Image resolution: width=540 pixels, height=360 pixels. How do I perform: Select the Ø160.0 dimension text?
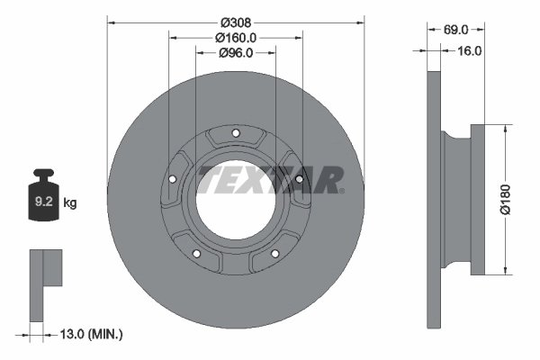[x=236, y=37]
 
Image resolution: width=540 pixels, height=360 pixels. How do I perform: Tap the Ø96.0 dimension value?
[x=236, y=53]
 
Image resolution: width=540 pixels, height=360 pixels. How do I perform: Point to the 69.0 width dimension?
[x=455, y=29]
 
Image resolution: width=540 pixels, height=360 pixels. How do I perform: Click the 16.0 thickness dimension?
[x=470, y=50]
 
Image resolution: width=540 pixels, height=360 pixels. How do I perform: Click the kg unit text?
[x=71, y=203]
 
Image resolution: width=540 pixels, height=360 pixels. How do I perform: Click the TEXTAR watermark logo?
[x=270, y=179]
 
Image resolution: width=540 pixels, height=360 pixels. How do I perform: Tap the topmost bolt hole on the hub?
[x=235, y=135]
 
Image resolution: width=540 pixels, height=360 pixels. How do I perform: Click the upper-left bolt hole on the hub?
[x=175, y=178]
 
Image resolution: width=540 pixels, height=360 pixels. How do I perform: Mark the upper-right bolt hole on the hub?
[x=296, y=178]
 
